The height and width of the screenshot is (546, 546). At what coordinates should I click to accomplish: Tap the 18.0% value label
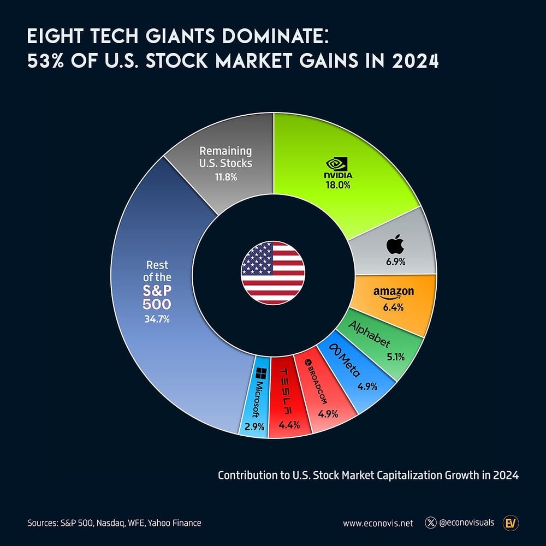click(339, 185)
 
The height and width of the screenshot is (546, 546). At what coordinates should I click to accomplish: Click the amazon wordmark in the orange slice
click(393, 293)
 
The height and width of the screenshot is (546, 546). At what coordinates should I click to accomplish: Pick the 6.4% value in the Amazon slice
click(393, 307)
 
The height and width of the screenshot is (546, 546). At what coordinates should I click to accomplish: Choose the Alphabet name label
click(370, 335)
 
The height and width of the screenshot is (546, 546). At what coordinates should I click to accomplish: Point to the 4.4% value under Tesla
click(289, 425)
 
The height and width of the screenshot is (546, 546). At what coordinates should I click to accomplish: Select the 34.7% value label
click(157, 319)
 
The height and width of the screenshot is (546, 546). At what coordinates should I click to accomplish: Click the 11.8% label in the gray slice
click(225, 177)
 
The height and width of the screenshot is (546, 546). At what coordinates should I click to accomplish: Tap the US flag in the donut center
click(273, 273)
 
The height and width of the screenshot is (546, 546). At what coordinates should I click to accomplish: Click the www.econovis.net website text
click(378, 523)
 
